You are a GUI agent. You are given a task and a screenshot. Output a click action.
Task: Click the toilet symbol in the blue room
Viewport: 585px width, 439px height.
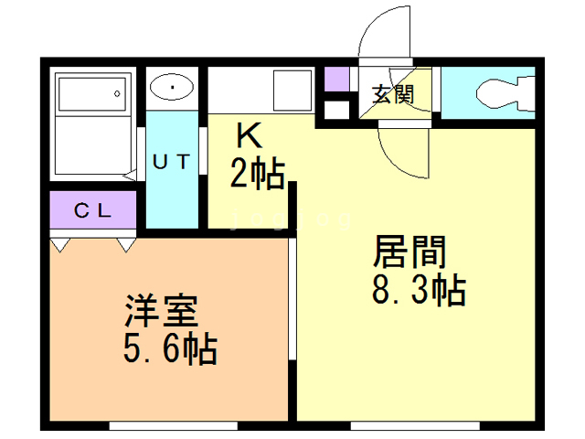[x=505, y=93]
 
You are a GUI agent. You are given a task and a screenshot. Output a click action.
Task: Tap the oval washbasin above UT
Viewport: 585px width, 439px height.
[x=172, y=87]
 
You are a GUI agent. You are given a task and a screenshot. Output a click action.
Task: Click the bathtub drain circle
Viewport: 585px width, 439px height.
[x=117, y=93]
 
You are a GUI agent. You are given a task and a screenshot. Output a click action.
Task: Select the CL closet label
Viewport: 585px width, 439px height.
[x=92, y=210]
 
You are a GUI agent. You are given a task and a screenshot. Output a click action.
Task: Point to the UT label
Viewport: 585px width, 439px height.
[x=171, y=162]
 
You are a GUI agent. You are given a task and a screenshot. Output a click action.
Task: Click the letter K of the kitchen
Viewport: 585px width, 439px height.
[x=250, y=136]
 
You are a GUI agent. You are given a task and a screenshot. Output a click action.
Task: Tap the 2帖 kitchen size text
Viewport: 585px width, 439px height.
[x=258, y=173]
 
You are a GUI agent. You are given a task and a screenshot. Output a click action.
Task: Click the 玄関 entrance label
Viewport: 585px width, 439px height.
[x=393, y=94]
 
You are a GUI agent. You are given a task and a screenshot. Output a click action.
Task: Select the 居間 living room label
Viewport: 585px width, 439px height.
[x=409, y=252]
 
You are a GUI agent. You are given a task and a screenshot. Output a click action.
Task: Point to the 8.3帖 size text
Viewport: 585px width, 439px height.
[x=419, y=290]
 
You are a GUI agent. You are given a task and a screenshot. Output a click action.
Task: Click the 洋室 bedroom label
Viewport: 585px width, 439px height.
[x=162, y=311]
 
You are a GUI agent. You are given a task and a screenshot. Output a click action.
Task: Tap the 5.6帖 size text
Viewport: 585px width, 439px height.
[x=170, y=348]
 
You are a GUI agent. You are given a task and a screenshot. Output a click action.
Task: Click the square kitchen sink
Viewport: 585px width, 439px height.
[x=292, y=91]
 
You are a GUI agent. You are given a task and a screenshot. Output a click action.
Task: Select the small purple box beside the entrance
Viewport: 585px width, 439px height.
[x=336, y=80]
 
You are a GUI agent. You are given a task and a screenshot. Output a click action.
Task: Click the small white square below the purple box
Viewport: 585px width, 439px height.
[x=336, y=110]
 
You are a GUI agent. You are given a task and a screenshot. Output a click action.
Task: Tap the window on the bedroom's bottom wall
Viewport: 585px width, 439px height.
[x=174, y=425]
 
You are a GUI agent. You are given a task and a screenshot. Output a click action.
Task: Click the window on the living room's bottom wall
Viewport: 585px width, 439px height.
[x=415, y=425]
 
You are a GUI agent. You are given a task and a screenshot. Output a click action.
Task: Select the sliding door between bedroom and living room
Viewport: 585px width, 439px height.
[x=292, y=299]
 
